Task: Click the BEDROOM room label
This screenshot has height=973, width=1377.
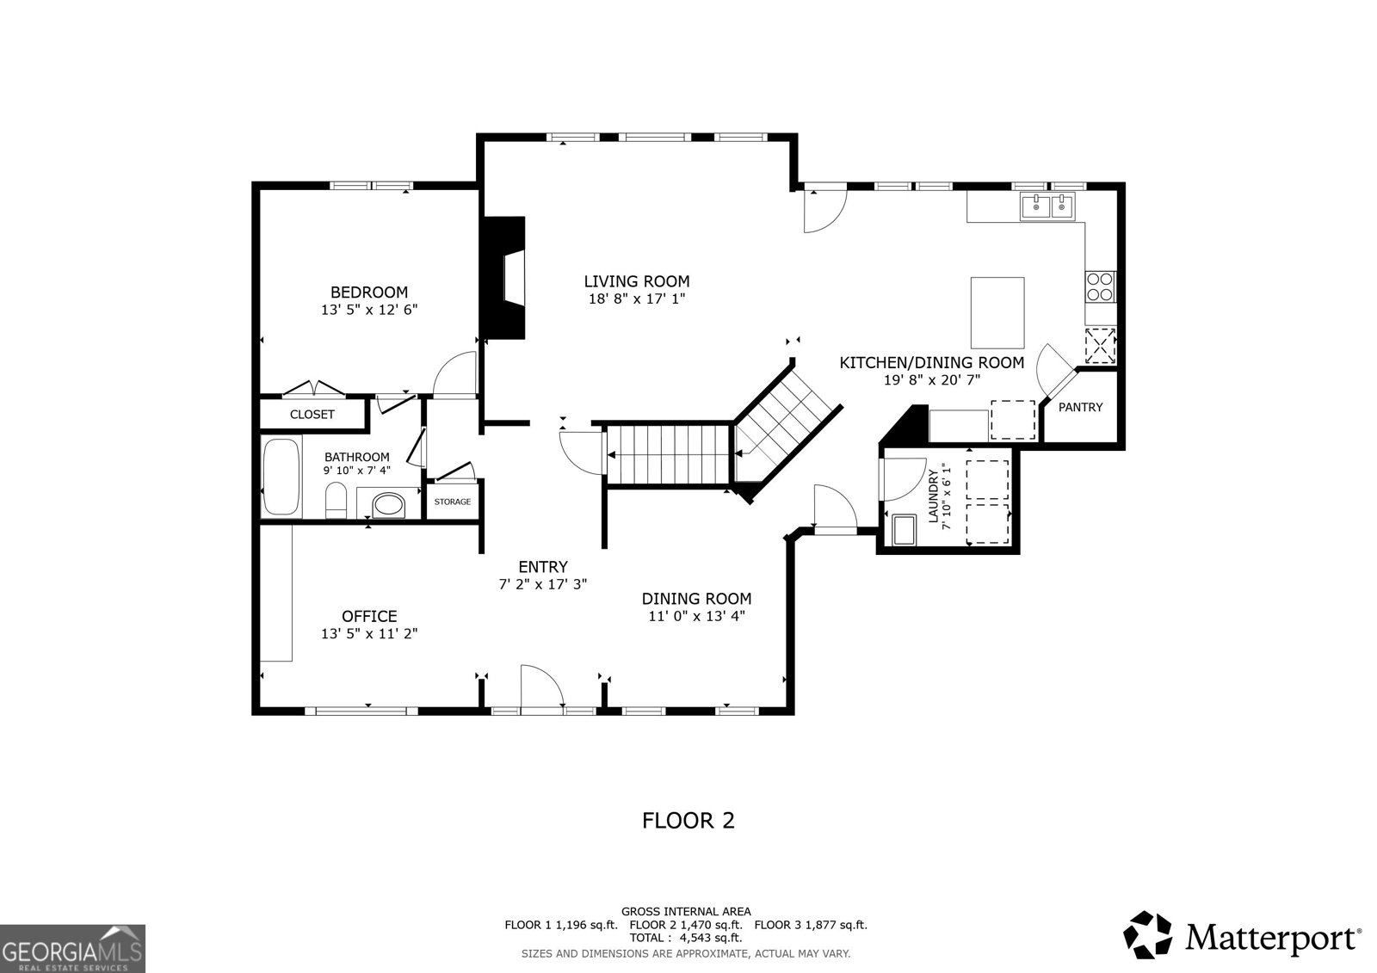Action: [369, 292]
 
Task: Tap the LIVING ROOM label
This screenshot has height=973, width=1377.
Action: [637, 281]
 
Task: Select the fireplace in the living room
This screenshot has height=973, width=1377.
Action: [504, 278]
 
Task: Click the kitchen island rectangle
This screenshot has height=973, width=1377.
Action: [997, 313]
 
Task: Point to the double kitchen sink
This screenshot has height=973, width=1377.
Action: [1047, 206]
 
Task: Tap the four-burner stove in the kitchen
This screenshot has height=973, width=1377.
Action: [1101, 287]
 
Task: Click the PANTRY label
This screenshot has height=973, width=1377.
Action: [1080, 407]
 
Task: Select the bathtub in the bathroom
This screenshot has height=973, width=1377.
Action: [281, 477]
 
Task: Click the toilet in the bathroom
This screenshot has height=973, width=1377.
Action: [337, 500]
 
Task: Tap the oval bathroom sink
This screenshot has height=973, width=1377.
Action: [388, 505]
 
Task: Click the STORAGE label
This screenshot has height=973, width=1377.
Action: [453, 502]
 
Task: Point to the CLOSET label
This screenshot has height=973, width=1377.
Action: [312, 415]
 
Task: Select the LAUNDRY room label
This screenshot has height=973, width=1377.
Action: [933, 496]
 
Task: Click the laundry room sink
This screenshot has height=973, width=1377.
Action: [905, 531]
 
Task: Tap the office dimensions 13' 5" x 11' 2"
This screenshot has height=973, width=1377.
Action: [369, 634]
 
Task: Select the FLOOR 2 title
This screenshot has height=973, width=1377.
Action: [688, 821]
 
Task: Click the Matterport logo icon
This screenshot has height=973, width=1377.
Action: [1147, 935]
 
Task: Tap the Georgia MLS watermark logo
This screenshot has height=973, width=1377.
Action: [72, 948]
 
